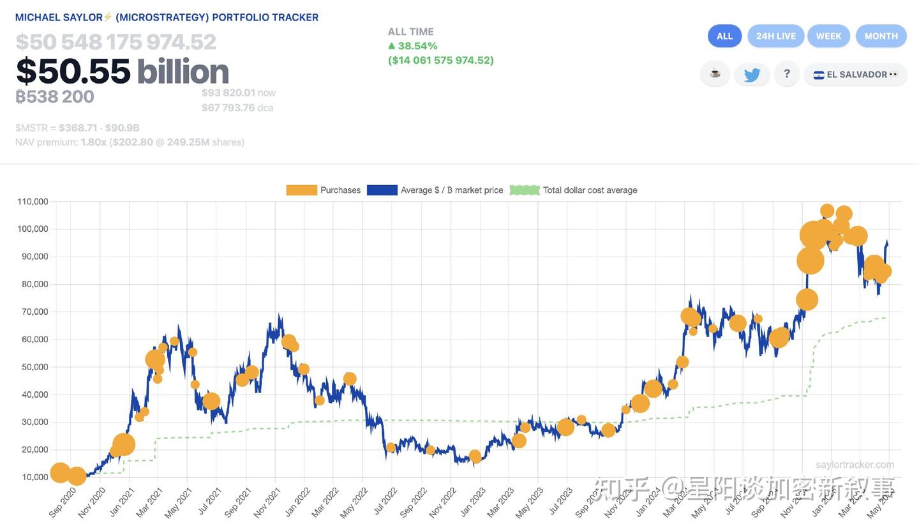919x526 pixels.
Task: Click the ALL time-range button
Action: click(724, 36)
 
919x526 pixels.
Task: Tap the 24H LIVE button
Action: click(775, 36)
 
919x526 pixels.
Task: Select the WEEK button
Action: click(828, 36)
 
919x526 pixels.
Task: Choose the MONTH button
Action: click(881, 36)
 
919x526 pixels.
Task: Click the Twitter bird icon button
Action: click(752, 75)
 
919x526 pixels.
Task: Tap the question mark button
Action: click(786, 74)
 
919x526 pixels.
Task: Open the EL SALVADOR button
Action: click(855, 75)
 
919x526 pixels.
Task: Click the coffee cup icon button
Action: click(715, 74)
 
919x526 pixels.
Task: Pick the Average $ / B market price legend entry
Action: click(435, 190)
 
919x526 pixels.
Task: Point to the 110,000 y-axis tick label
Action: click(33, 202)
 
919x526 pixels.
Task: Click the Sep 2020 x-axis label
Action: click(62, 502)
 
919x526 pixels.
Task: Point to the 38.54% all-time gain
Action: click(417, 46)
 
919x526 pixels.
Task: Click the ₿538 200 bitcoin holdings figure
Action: click(55, 97)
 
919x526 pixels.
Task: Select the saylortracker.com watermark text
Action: click(855, 465)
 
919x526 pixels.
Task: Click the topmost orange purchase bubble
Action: click(827, 211)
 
